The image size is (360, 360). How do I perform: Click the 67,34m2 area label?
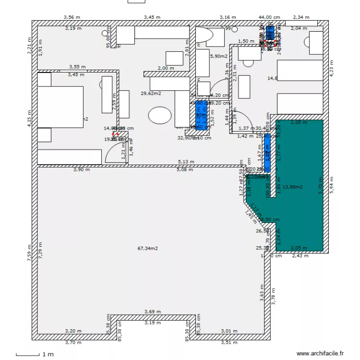point(148,248)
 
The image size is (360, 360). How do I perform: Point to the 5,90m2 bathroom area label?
point(218,56)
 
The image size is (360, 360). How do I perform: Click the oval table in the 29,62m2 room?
point(160,116)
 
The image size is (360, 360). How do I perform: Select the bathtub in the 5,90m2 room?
point(205,36)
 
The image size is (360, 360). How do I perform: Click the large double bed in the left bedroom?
point(60,107)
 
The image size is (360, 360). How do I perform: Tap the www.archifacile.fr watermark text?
point(320,353)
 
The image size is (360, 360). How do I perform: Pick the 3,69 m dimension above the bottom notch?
point(152,312)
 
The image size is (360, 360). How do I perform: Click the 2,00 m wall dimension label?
point(166,68)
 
